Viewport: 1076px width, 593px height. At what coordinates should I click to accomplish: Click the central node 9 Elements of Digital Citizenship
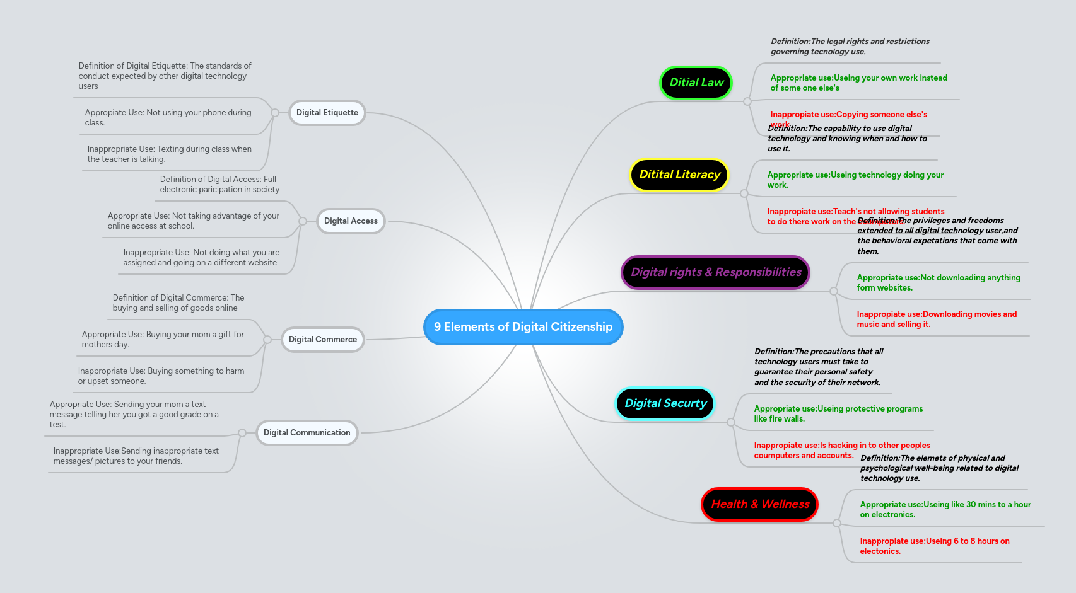click(x=523, y=327)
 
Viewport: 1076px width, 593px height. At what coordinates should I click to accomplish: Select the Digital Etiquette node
click(x=327, y=113)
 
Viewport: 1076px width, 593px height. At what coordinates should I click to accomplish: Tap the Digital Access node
click(x=351, y=221)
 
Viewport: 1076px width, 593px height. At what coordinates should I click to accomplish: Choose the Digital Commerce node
click(x=322, y=340)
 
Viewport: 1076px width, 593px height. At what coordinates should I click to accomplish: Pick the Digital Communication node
click(x=307, y=433)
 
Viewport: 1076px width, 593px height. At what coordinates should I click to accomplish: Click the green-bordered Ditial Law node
click(x=696, y=83)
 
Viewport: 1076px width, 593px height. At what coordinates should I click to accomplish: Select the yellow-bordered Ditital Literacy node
click(x=679, y=175)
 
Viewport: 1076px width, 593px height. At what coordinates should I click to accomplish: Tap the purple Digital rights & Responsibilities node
click(x=715, y=272)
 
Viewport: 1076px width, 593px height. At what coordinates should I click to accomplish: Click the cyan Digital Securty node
click(x=665, y=403)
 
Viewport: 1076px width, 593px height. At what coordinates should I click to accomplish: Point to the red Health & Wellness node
click(x=759, y=504)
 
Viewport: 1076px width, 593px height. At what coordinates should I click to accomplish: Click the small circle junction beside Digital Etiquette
click(x=275, y=113)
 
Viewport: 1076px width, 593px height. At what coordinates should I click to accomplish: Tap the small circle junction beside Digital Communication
click(x=242, y=433)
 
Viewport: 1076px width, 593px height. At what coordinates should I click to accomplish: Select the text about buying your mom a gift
click(x=163, y=339)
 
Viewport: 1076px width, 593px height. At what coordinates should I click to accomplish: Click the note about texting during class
click(x=169, y=154)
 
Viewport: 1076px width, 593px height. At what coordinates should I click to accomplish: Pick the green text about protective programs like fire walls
click(x=838, y=413)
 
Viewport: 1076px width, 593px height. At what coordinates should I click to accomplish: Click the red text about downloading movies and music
click(x=936, y=319)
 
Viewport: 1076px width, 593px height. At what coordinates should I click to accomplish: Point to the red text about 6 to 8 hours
click(x=934, y=546)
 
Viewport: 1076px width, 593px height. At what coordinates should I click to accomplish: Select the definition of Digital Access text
click(x=219, y=184)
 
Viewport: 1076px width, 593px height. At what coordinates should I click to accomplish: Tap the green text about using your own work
click(x=858, y=83)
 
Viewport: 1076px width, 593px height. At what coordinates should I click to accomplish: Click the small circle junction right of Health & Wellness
click(x=837, y=523)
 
